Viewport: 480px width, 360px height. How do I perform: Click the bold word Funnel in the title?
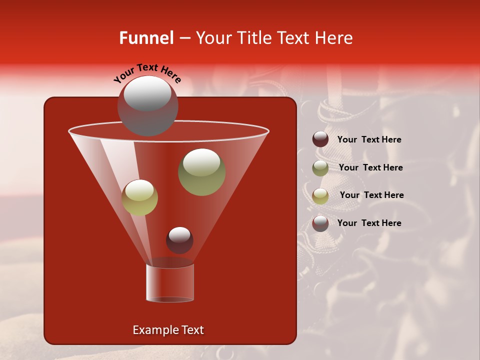click(x=146, y=38)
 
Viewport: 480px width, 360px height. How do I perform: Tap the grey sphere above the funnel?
click(x=147, y=106)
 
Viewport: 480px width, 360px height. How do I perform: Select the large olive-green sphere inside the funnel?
click(x=202, y=172)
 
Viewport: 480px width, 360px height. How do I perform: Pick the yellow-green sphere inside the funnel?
click(x=140, y=197)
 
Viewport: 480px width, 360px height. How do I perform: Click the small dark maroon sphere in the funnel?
click(x=179, y=240)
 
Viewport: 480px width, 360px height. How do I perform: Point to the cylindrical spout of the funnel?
click(x=169, y=283)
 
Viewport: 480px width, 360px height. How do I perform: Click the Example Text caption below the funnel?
click(x=168, y=330)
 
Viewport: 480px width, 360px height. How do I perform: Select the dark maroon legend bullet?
click(x=320, y=139)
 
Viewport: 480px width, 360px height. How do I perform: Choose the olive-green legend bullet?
click(x=320, y=167)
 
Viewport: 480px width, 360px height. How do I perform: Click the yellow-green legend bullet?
click(x=320, y=195)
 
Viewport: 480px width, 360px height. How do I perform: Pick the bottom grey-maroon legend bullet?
click(x=320, y=223)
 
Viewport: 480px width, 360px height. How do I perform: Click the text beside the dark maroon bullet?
click(x=369, y=139)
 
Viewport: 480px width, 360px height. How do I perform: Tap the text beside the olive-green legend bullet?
click(x=370, y=167)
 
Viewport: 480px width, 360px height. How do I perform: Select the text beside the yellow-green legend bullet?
click(x=371, y=195)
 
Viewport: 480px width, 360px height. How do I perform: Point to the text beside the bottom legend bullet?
click(x=369, y=223)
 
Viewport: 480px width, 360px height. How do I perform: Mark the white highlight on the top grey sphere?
click(x=147, y=94)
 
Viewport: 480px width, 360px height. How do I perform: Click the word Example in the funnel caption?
click(x=152, y=330)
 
